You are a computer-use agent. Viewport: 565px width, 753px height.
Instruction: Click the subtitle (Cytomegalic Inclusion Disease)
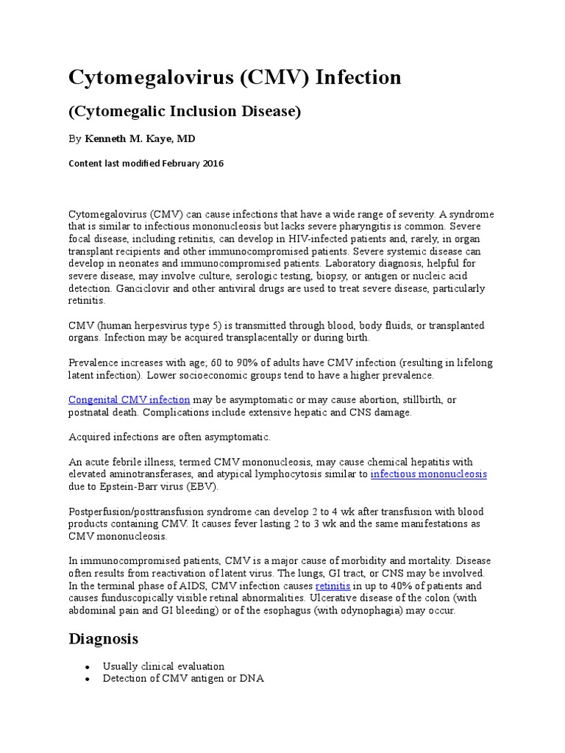(185, 112)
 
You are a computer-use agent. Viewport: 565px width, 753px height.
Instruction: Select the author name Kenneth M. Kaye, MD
(140, 138)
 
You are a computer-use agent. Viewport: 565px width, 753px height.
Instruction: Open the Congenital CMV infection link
(129, 399)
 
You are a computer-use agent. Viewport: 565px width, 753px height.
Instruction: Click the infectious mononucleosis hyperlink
(428, 474)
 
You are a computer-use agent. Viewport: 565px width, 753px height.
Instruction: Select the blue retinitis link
(333, 586)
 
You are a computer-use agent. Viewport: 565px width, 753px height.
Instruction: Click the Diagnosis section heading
(104, 638)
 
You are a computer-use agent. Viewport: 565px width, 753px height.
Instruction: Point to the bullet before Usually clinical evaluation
(88, 667)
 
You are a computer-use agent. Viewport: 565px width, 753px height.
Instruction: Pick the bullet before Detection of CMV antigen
(88, 679)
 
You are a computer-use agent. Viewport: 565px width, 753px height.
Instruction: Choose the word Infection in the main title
(358, 77)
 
